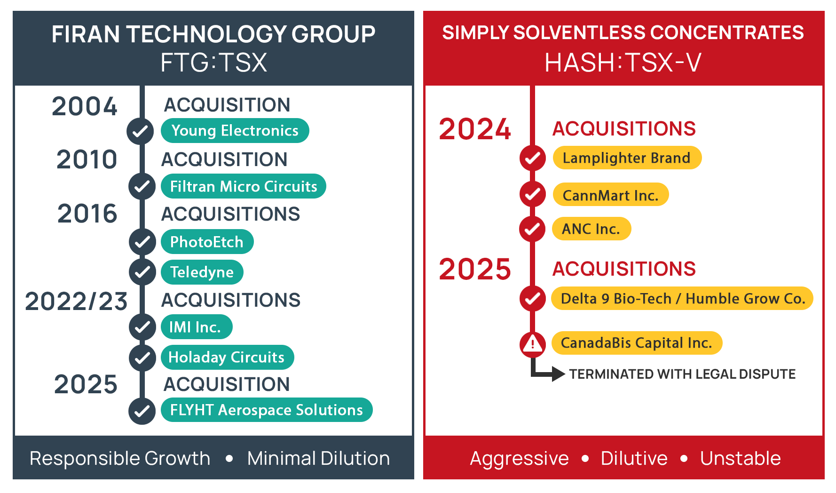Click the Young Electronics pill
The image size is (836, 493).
tap(235, 130)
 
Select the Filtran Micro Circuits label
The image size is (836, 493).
tap(244, 186)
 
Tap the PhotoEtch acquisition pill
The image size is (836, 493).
tap(207, 242)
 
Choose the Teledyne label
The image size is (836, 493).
tap(202, 272)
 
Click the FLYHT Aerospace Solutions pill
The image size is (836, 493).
tap(267, 410)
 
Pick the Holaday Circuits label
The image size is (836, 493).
tap(227, 357)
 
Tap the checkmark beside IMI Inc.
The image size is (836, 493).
tap(142, 327)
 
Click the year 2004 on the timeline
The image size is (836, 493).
tap(85, 106)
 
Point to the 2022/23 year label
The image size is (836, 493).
tap(76, 301)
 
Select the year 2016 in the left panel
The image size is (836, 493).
tap(87, 214)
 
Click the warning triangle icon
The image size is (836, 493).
tap(532, 343)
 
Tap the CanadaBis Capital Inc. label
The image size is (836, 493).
tap(637, 343)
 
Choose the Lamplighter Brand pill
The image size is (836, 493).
tap(627, 158)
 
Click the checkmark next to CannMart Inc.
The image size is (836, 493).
tap(532, 194)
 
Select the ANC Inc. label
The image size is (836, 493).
tap(592, 229)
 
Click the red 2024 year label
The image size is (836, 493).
tap(475, 129)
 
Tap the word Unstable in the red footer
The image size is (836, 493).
tap(741, 458)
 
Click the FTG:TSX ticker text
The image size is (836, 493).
tap(214, 63)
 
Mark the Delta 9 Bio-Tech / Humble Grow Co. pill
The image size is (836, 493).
tap(682, 298)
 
